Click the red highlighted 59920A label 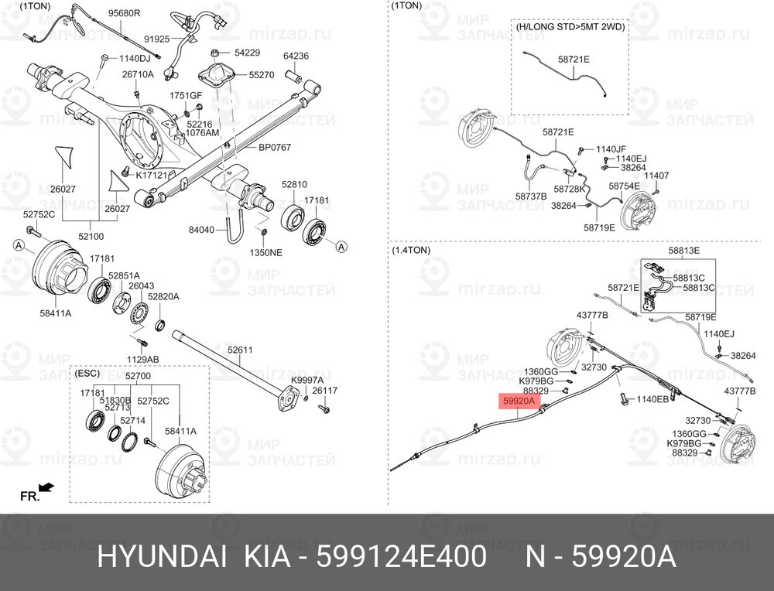[519, 401]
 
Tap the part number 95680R [124, 13]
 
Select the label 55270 [261, 75]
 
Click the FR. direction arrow [46, 487]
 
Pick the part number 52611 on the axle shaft [240, 350]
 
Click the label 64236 [296, 56]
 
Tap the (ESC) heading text [87, 372]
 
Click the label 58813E [684, 250]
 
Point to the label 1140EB [652, 399]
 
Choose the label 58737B [531, 196]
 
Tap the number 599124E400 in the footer [401, 558]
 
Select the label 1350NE [266, 253]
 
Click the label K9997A [307, 380]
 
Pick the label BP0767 [275, 147]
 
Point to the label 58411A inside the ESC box [180, 431]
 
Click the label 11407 [656, 175]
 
